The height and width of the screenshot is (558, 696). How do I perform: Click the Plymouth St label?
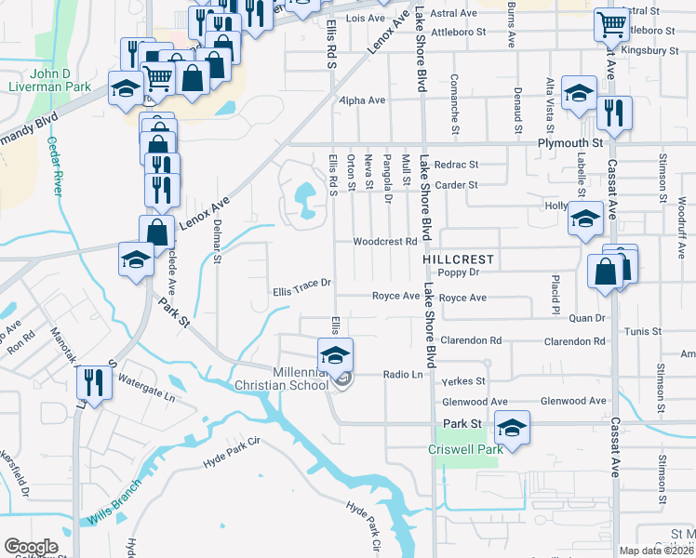(x=570, y=144)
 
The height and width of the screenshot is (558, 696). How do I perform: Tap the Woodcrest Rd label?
(x=382, y=242)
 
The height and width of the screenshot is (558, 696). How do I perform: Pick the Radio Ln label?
(x=403, y=375)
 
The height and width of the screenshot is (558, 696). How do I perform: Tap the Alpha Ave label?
(x=362, y=100)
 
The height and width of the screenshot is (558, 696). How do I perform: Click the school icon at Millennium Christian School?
(x=335, y=354)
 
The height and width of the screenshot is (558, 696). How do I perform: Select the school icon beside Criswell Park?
(x=511, y=427)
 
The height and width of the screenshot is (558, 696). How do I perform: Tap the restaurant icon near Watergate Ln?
(x=93, y=381)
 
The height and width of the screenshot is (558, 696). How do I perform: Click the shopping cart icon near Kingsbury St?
(x=611, y=23)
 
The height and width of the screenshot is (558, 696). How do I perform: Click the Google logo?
(x=31, y=547)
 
